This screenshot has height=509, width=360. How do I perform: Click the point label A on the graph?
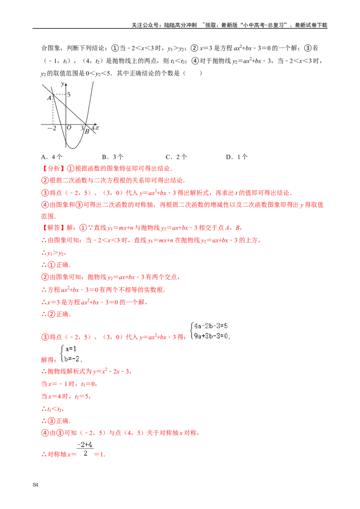pos(49,98)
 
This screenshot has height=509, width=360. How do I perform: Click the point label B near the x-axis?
pos(87,132)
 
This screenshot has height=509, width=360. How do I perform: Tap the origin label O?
pos(69,128)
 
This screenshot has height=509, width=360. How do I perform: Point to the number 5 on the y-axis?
pos(69,94)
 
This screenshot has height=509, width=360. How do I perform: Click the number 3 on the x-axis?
pos(82,129)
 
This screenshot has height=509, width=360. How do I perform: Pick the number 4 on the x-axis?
pos(93,129)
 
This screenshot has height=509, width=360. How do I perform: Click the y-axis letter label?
pos(62,84)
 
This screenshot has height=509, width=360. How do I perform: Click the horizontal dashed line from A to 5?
pos(59,94)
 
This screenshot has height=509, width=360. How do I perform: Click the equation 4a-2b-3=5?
pos(211,326)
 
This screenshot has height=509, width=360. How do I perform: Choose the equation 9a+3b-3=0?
pos(211,335)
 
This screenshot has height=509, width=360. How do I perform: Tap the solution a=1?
pos(71,349)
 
